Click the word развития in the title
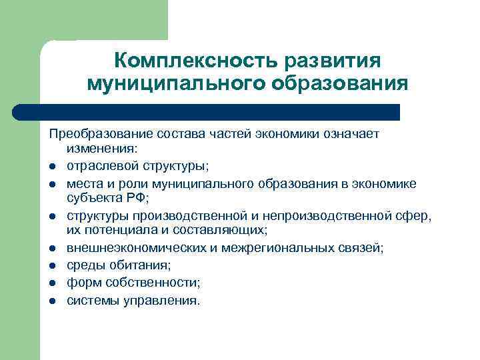pyautogui.click(x=333, y=61)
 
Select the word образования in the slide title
pyautogui.click(x=339, y=85)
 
